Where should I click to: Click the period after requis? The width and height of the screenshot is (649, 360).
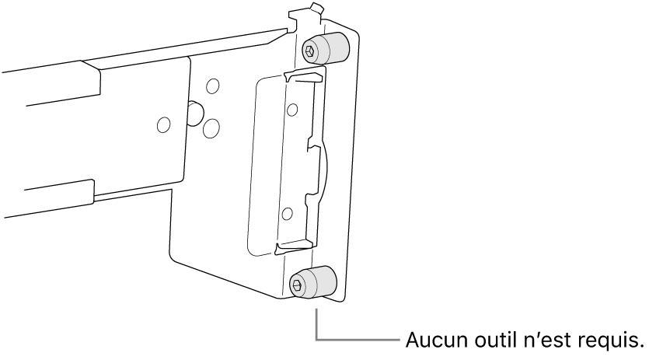[640, 347]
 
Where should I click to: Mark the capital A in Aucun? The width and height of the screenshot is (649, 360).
[413, 341]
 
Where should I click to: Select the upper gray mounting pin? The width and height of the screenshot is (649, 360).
[326, 48]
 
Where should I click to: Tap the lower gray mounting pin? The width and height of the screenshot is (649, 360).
[313, 282]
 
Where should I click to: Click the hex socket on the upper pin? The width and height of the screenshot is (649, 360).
[310, 51]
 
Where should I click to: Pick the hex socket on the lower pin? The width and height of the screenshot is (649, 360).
[297, 285]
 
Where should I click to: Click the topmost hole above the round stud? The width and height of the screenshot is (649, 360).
[213, 86]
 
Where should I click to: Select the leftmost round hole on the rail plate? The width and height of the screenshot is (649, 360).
[164, 124]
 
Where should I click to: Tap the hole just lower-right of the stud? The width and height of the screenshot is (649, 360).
[211, 128]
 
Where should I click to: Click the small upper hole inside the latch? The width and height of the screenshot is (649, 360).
[292, 110]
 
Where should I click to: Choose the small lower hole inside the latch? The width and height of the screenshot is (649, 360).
[287, 214]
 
